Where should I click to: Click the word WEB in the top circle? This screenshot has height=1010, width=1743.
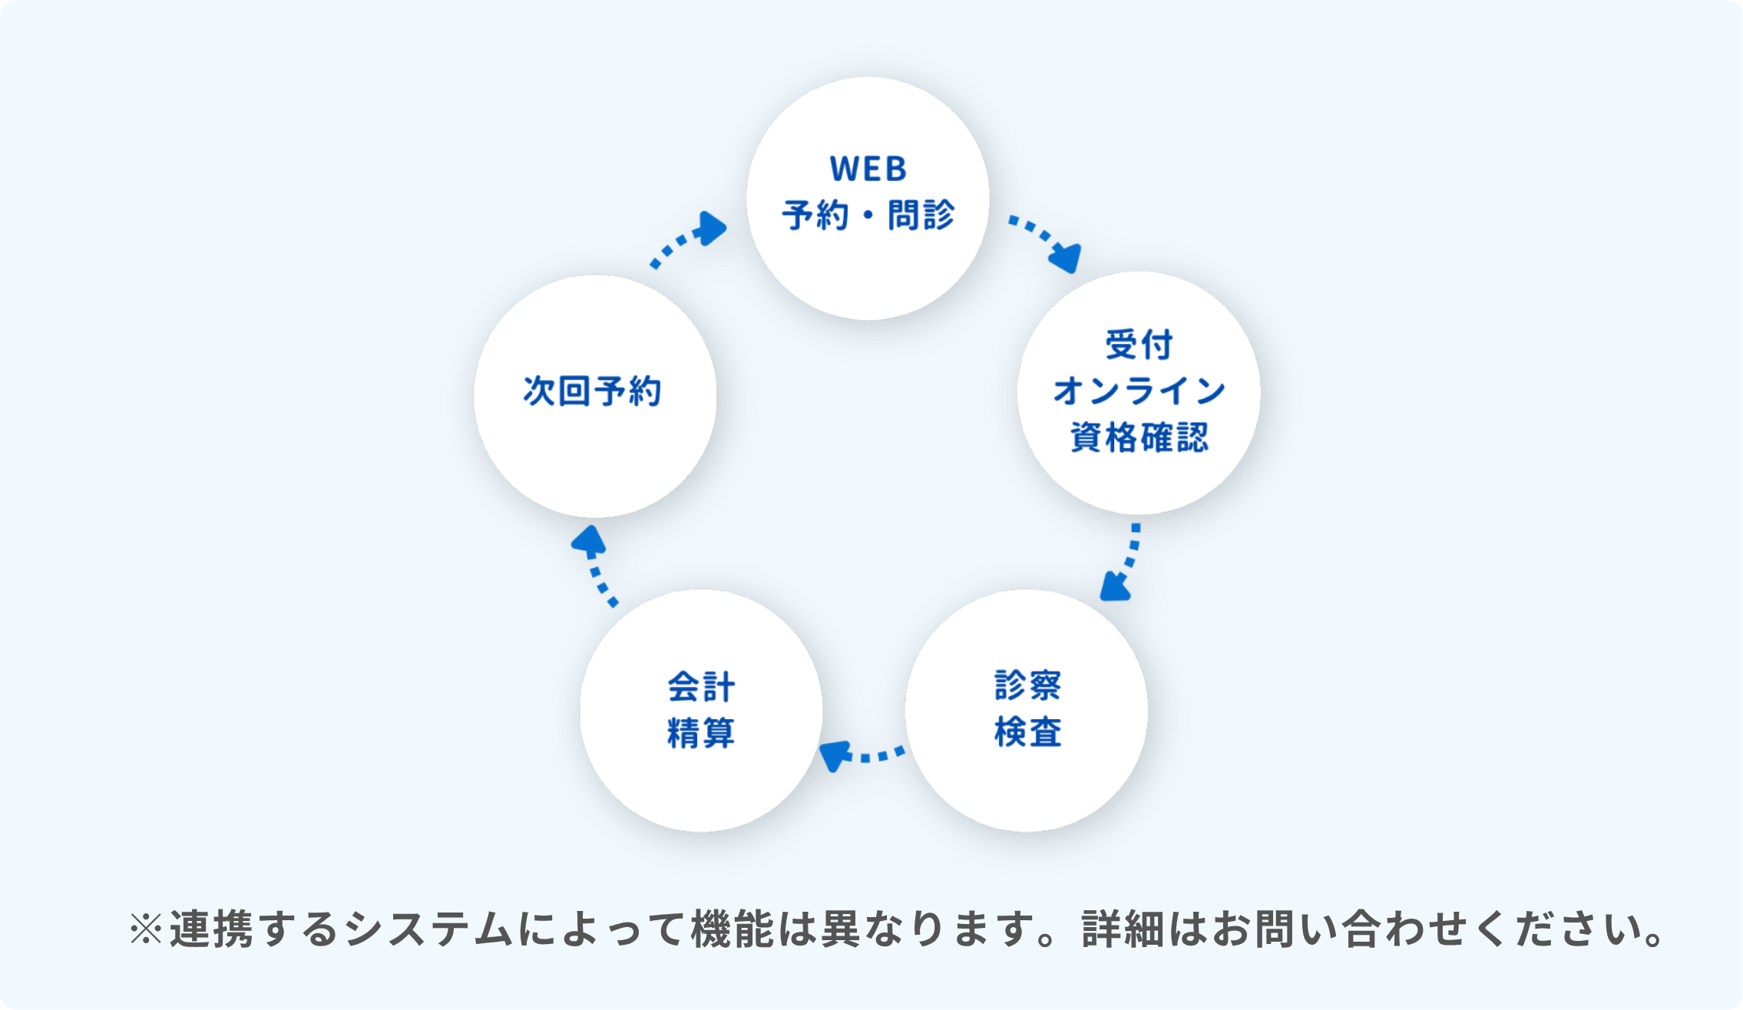pyautogui.click(x=868, y=170)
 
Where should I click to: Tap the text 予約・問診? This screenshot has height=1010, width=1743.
pyautogui.click(x=868, y=215)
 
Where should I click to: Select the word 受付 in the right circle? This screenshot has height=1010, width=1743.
pyautogui.click(x=1139, y=345)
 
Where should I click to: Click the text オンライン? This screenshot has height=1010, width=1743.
pyautogui.click(x=1139, y=391)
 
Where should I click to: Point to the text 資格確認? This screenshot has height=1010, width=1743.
pyautogui.click(x=1139, y=437)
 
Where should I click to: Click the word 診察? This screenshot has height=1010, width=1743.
pyautogui.click(x=1027, y=685)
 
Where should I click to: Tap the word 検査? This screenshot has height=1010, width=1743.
pyautogui.click(x=1027, y=731)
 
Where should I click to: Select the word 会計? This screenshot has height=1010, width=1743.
pyautogui.click(x=701, y=687)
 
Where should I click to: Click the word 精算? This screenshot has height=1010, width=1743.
pyautogui.click(x=701, y=733)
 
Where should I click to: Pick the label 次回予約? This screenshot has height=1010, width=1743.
pyautogui.click(x=592, y=391)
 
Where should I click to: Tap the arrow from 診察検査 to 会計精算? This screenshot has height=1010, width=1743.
pyautogui.click(x=860, y=754)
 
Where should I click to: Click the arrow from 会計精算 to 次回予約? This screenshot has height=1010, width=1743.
pyautogui.click(x=595, y=566)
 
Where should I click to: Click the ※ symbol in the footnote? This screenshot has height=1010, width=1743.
pyautogui.click(x=146, y=929)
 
